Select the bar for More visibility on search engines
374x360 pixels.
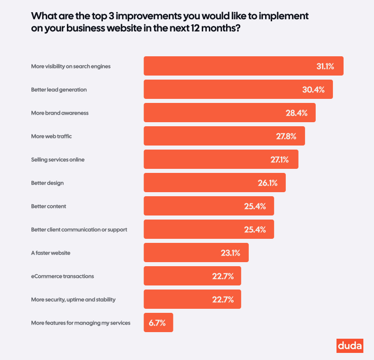(x=243, y=66)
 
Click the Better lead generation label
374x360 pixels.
(x=59, y=90)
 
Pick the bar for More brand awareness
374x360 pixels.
(x=230, y=113)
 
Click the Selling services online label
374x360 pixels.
(x=58, y=160)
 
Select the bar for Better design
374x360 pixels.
(x=214, y=183)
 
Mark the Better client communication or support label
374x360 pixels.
(x=79, y=230)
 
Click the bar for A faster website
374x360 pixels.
(x=196, y=253)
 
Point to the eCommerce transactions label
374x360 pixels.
(x=62, y=276)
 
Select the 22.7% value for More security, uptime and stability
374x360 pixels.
(x=222, y=300)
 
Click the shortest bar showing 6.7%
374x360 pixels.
(x=158, y=322)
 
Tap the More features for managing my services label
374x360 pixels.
(x=81, y=323)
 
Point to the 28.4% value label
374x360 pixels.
(x=296, y=113)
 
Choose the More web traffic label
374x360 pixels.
(x=55, y=136)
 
